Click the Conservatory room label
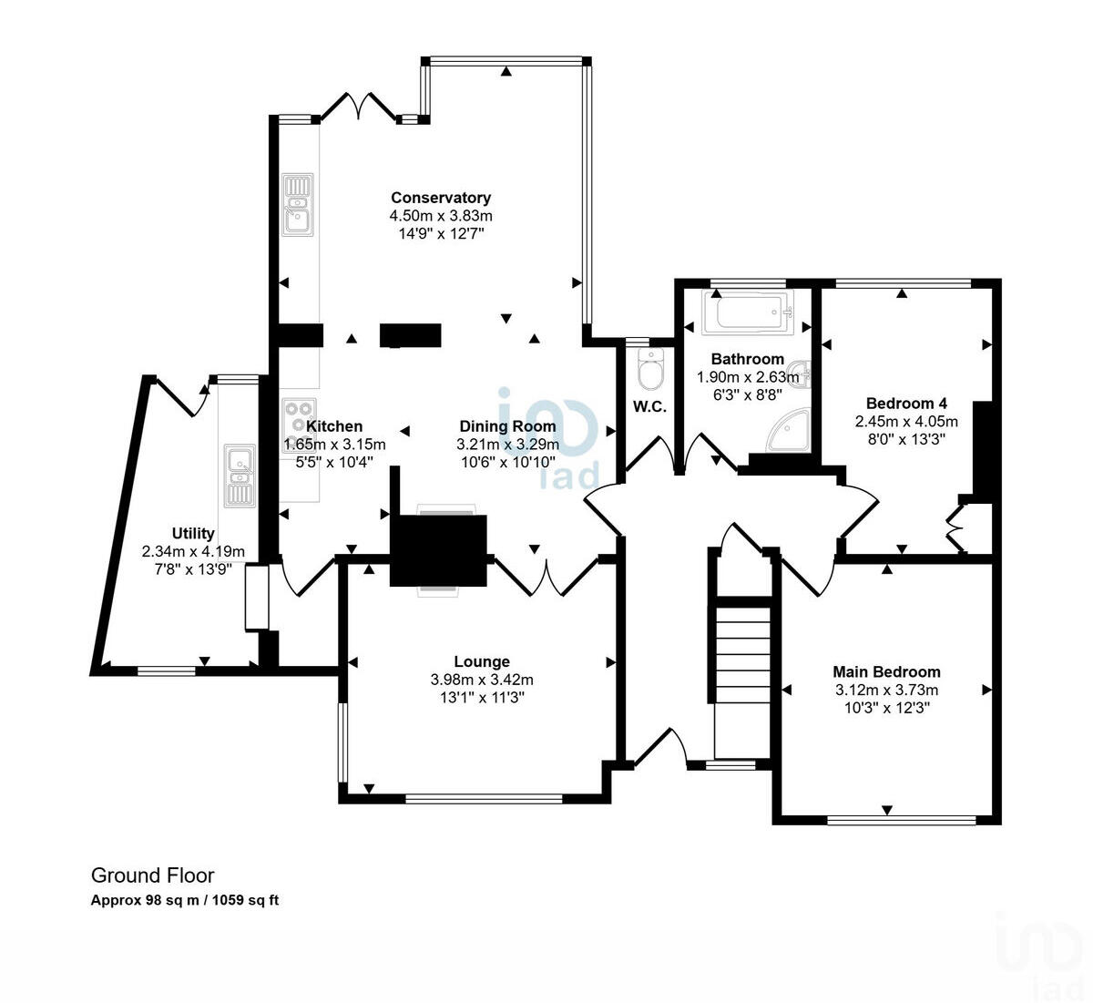pos(441,198)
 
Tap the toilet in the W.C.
pos(650,370)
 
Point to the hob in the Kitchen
pos(299,418)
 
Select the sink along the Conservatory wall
pos(297,205)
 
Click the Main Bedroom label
pos(887,672)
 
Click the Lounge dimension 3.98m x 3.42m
pos(482,680)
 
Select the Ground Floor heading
pos(152,875)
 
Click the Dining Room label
pos(507,426)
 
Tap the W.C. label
pos(649,407)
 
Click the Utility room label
pos(193,534)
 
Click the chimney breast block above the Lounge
pos(439,549)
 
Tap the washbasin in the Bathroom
pos(801,373)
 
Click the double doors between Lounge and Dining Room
pos(545,578)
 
